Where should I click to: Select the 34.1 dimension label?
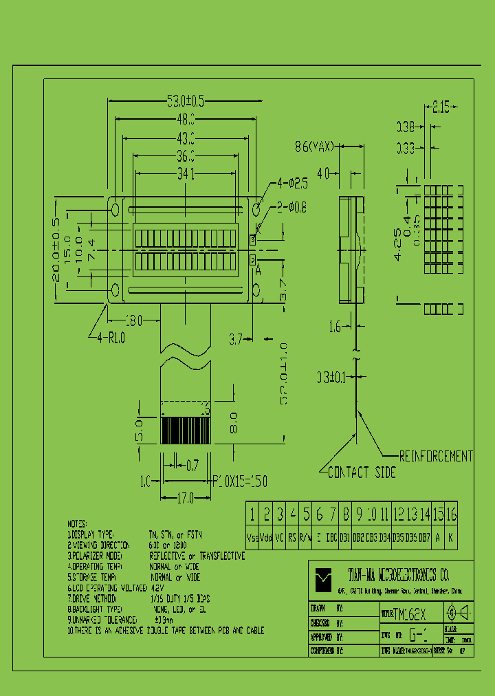(x=186, y=175)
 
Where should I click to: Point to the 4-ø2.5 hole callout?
(x=291, y=184)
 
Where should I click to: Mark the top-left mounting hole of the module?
(x=115, y=208)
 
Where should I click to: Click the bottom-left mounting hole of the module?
(x=115, y=289)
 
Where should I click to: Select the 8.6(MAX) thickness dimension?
(x=314, y=146)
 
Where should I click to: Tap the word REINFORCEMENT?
(x=437, y=456)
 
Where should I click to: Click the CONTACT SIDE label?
(x=362, y=472)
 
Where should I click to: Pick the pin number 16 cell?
(x=450, y=514)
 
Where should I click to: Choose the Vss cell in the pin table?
(x=252, y=537)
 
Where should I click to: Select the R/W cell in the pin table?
(x=306, y=537)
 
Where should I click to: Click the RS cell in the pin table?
(x=292, y=537)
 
